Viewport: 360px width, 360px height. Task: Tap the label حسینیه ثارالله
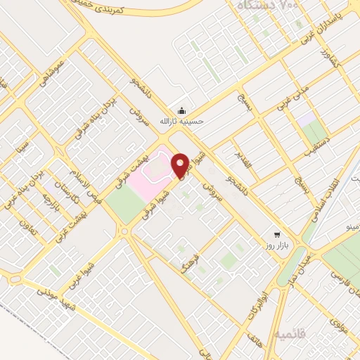pyautogui.click(x=181, y=121)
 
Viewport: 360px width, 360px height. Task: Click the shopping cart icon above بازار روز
pyautogui.click(x=278, y=236)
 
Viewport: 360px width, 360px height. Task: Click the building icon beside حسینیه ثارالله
pyautogui.click(x=181, y=110)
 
